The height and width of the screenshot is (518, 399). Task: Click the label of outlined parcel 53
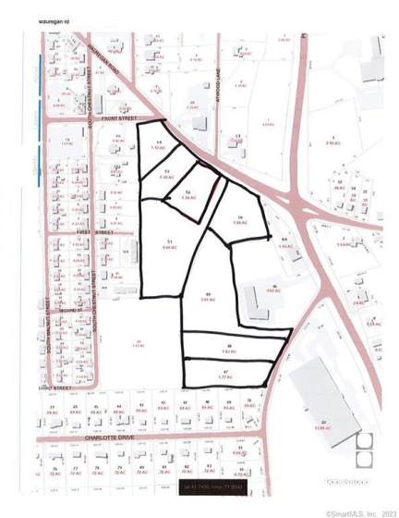click(166, 174)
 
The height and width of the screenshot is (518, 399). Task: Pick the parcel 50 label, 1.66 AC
click(239, 221)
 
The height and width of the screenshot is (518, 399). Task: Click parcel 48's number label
click(227, 345)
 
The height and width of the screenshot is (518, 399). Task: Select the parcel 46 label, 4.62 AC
click(272, 289)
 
